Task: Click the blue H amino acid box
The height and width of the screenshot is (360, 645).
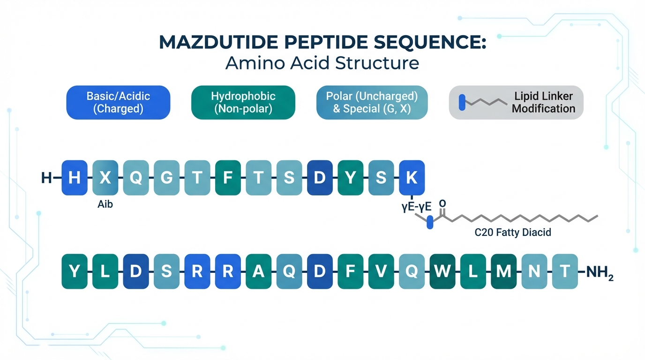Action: coord(75,178)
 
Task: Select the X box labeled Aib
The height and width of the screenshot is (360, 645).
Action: coord(105,178)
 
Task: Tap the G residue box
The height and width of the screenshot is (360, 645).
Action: coord(166,178)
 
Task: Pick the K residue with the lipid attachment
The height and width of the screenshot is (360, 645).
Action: coord(412,178)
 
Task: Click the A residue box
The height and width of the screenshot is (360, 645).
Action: coord(258,271)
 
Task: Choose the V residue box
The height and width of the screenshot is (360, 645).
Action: coord(381,271)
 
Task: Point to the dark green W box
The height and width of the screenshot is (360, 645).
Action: coord(442,271)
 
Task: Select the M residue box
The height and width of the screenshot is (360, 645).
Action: coord(503,271)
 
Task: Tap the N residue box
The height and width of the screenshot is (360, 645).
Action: coord(534,271)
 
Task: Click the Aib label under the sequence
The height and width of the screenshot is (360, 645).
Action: coord(105,205)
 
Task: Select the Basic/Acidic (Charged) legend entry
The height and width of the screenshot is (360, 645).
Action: coord(118,102)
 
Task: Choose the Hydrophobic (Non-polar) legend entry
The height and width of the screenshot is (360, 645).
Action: coord(243,102)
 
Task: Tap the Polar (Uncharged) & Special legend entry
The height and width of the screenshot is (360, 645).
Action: coord(372,102)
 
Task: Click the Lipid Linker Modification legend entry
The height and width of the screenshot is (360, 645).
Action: coord(516,102)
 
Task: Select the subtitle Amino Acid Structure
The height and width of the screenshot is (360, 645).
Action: coord(322,62)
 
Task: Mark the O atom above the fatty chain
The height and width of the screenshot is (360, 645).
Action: coord(442,204)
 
